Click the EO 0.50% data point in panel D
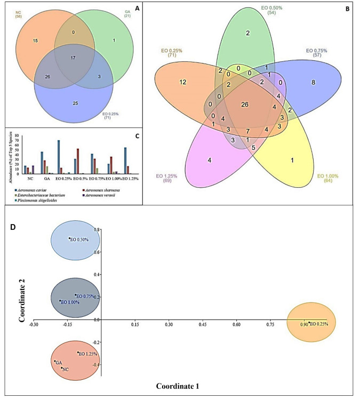(69, 238)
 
